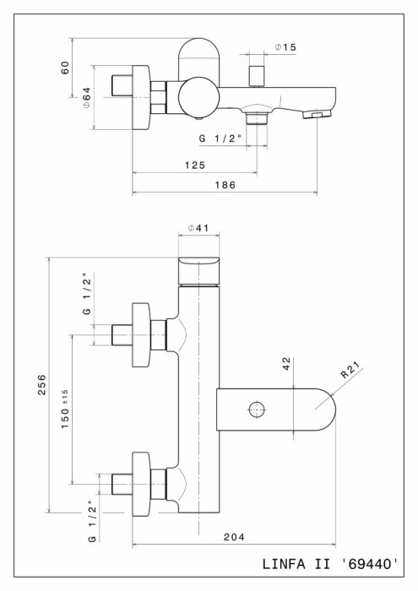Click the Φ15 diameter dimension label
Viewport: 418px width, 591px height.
[284, 48]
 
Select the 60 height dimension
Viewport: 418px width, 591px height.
[64, 68]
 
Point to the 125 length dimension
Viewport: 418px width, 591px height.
[194, 165]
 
